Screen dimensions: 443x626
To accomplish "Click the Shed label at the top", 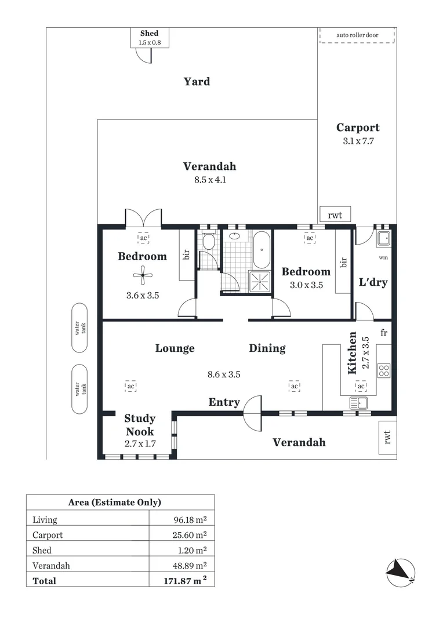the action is click(x=150, y=34).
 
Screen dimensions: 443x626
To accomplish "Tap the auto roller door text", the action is click(x=357, y=35).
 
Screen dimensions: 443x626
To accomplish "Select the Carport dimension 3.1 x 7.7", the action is click(x=358, y=141).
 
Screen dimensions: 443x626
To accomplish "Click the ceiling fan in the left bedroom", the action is click(x=143, y=275).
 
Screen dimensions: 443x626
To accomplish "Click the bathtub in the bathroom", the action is click(x=262, y=250).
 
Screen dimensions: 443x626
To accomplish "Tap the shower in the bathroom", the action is click(x=260, y=282).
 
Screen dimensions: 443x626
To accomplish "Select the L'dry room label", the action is click(x=373, y=282).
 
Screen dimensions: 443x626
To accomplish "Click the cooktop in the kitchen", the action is click(x=384, y=371).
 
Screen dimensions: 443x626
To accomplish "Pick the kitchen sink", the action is click(x=359, y=403).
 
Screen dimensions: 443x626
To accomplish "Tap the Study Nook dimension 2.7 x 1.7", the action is click(x=140, y=443).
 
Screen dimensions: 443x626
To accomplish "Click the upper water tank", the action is click(x=79, y=327).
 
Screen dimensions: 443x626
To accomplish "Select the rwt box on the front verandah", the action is click(x=387, y=437).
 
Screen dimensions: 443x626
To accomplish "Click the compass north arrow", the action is click(x=400, y=573).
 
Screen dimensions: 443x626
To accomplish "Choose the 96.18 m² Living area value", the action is click(x=190, y=520).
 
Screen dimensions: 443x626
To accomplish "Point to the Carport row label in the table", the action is click(x=48, y=536).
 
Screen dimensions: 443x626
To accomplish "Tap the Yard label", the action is click(x=197, y=82).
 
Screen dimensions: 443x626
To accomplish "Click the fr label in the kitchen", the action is click(x=384, y=333).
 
